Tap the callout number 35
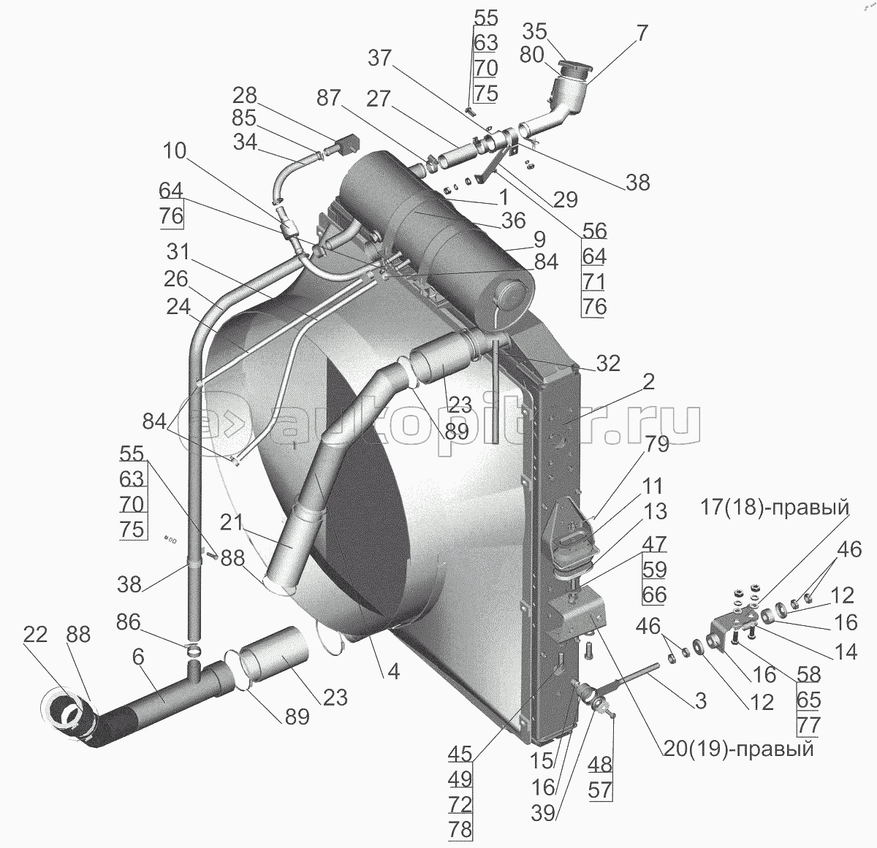[535, 31]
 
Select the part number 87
[329, 97]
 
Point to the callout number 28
[245, 96]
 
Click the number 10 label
[175, 151]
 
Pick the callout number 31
[178, 252]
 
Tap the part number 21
[232, 523]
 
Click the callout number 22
[35, 635]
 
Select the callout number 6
[138, 658]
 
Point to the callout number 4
[393, 672]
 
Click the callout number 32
[608, 364]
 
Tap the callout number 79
[656, 445]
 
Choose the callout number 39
[542, 814]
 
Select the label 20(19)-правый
[737, 749]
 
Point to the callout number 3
[700, 701]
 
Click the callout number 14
[846, 652]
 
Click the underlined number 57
[600, 790]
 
